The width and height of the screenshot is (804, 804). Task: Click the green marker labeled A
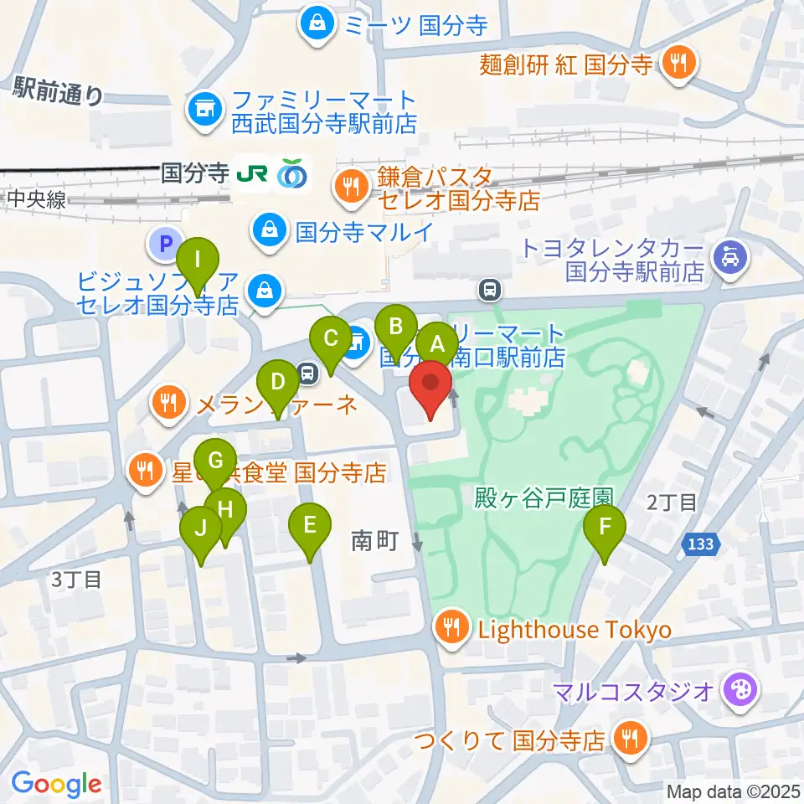tap(436, 343)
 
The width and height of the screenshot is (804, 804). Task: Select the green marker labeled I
tap(198, 260)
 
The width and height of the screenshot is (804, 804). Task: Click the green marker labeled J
tap(201, 529)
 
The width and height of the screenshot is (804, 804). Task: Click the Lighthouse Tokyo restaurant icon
tap(453, 629)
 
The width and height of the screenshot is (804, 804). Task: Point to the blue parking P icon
tap(165, 245)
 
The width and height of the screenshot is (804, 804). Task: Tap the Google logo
tap(56, 783)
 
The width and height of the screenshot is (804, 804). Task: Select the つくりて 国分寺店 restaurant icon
tap(627, 740)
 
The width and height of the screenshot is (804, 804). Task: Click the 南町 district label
tap(374, 542)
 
